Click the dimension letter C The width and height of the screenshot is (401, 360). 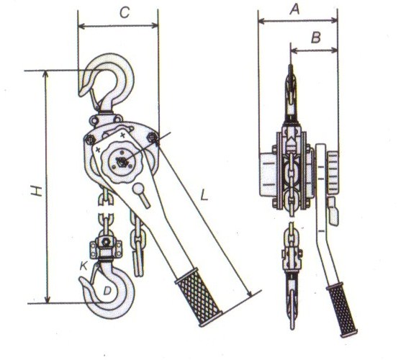pos(125,12)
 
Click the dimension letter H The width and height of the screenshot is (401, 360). pos(37,191)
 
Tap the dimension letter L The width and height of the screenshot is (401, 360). pos(204,195)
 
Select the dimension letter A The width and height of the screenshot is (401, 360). pos(294,9)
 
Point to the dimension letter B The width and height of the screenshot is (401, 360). pos(316,37)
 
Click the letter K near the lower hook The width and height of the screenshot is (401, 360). pos(84,266)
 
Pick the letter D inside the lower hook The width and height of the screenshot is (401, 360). pos(107,290)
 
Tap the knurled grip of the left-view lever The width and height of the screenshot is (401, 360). pos(199,297)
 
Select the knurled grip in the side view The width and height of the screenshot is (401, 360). pos(342,310)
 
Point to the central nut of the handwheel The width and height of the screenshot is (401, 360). pos(122,161)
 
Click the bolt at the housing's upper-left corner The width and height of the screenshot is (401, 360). pos(91,140)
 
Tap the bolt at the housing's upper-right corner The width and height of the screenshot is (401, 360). pos(153,138)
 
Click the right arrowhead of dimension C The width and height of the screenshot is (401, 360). pos(155,26)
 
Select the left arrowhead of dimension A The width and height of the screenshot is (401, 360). pos(262,21)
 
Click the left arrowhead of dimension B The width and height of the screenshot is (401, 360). pos(294,50)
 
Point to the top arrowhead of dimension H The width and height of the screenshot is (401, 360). pos(46,74)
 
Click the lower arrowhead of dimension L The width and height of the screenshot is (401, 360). pos(248,293)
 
